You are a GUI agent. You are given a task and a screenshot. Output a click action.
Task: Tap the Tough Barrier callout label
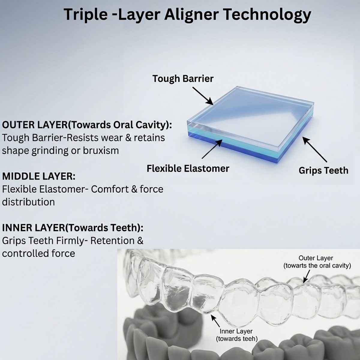pyautogui.click(x=183, y=79)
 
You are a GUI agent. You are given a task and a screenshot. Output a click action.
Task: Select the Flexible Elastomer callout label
pyautogui.click(x=188, y=169)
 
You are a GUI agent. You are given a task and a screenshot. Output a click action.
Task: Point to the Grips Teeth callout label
pyautogui.click(x=323, y=170)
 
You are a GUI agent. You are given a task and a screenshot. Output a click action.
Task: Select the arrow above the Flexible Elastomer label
pyautogui.click(x=212, y=149)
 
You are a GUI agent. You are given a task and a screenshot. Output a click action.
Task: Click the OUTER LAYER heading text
pyautogui.click(x=87, y=125)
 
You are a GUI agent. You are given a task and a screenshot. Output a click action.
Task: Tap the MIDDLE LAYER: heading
pyautogui.click(x=39, y=176)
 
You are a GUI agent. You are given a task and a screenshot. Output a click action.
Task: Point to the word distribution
pyautogui.click(x=28, y=202)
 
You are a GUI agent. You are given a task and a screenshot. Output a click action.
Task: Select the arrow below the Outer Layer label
pyautogui.click(x=306, y=276)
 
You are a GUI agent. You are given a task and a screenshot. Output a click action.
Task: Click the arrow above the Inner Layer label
pyautogui.click(x=215, y=321)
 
